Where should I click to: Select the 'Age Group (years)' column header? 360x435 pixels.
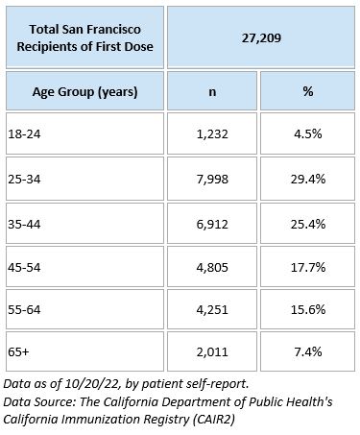(x=87, y=93)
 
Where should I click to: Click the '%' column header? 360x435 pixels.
(x=307, y=93)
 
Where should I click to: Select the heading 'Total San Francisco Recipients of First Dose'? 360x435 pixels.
(x=85, y=37)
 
